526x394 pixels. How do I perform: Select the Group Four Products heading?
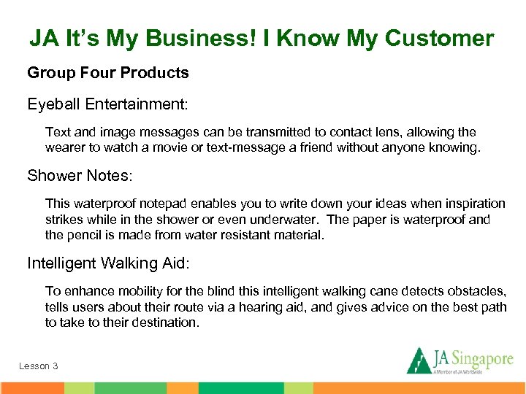click(x=108, y=73)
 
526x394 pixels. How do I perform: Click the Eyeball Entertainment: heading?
click(x=107, y=104)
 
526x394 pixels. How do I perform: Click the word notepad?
click(x=161, y=204)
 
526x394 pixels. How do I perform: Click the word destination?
click(x=164, y=322)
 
